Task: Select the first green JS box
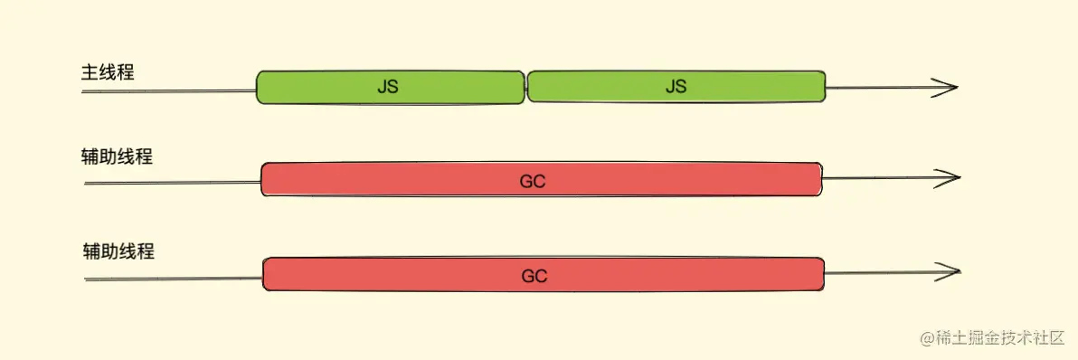coord(391,87)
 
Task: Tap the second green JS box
coord(676,87)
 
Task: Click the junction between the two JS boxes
coord(526,87)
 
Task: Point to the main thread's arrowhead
coord(946,87)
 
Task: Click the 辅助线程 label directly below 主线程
coord(117,156)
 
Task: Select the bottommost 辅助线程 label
coord(118,251)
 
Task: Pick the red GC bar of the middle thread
coord(542,179)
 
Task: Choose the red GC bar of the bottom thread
coord(544,274)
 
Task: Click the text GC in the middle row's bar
coord(534,182)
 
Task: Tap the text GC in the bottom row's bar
coord(534,276)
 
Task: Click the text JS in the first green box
coord(388,88)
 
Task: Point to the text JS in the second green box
coord(676,87)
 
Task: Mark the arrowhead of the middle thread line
coord(948,178)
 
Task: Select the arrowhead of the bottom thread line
coord(948,272)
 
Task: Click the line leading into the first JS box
coord(169,90)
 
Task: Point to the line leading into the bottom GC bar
coord(174,279)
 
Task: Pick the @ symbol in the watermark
coord(928,338)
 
